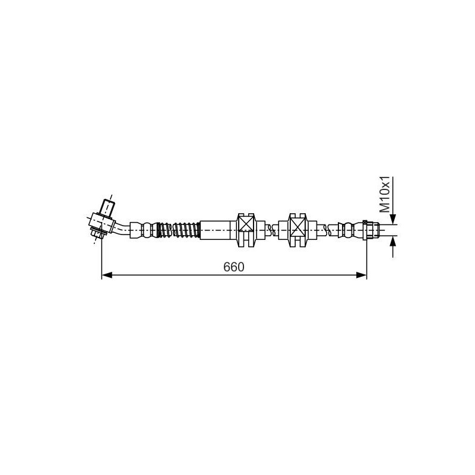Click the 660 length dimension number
coord(233,267)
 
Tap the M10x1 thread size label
coord(385,195)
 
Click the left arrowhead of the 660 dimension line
coord(107,275)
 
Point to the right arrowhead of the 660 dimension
coord(362,275)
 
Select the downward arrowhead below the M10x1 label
coord(393,219)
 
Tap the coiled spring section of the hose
coord(178,230)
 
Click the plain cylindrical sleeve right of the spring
coord(215,230)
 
